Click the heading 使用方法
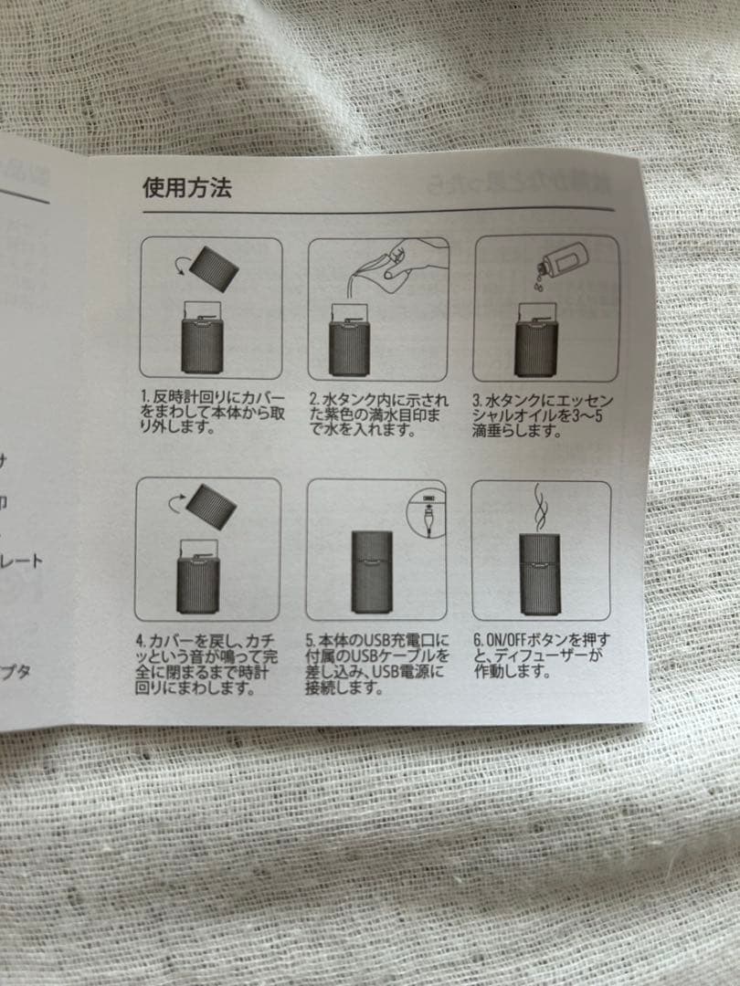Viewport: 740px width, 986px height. point(186,188)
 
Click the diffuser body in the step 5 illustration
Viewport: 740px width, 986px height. point(371,572)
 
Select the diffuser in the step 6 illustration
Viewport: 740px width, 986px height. point(541,573)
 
